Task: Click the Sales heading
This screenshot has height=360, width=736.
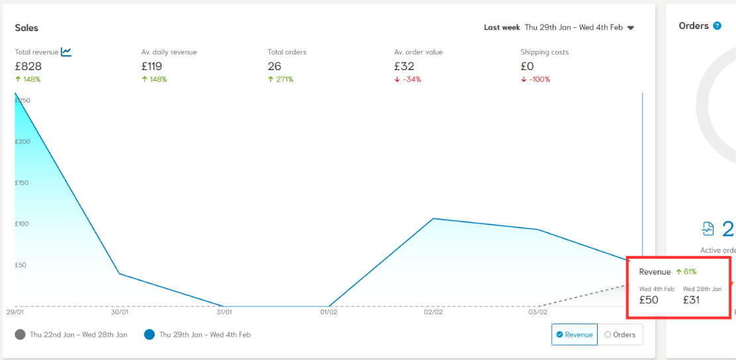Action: click(x=26, y=28)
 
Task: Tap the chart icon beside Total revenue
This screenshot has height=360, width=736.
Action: click(x=66, y=52)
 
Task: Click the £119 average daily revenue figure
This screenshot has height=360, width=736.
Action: click(x=152, y=66)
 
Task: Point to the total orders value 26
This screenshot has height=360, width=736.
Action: click(x=274, y=66)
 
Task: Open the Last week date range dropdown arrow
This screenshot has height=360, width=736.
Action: click(x=631, y=28)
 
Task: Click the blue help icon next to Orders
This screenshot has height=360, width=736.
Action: click(x=717, y=26)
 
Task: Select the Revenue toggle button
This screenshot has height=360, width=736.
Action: click(x=575, y=335)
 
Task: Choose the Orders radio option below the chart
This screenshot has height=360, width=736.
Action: click(x=620, y=335)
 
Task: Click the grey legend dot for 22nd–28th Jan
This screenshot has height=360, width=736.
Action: click(x=20, y=335)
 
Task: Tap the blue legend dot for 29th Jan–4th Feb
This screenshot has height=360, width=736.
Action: click(x=149, y=335)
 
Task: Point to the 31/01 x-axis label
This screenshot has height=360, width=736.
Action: click(x=224, y=312)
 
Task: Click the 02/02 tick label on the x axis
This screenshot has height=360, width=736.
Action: click(x=433, y=312)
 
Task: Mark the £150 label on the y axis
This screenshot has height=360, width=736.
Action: click(x=23, y=183)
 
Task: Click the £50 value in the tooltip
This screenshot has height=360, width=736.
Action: click(x=649, y=300)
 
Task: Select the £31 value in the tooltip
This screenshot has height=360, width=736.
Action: click(x=692, y=300)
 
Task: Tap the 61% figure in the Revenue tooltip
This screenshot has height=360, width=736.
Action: click(x=689, y=272)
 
